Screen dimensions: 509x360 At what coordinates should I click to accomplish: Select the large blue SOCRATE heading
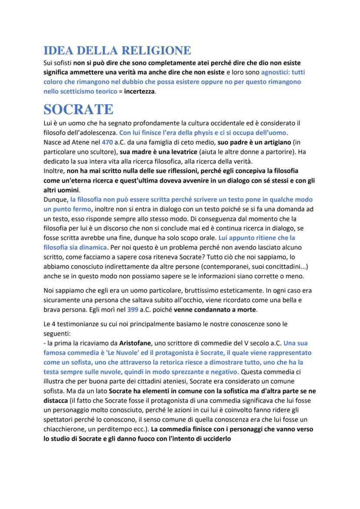pyautogui.click(x=79, y=109)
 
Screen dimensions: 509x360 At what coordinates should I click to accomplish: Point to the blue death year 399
pyautogui.click(x=133, y=310)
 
